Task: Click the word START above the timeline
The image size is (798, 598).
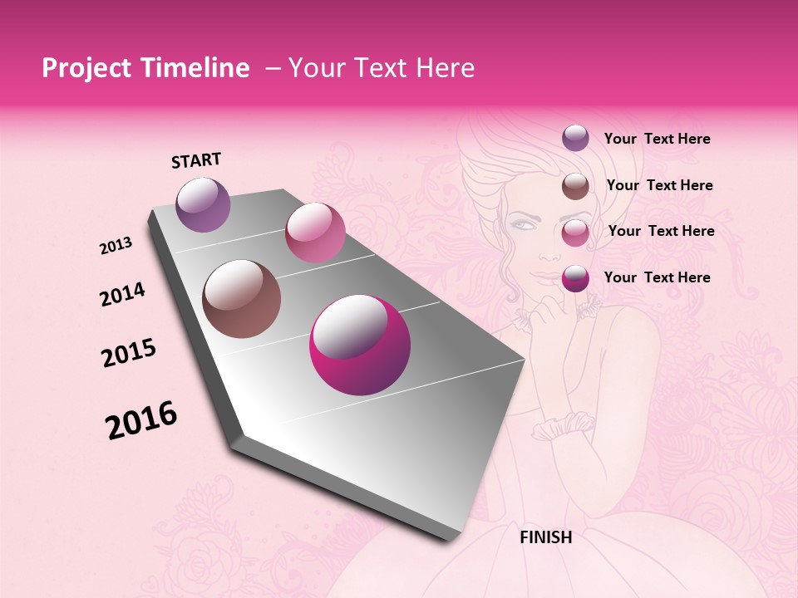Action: [196, 160]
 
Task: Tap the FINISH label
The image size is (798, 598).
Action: [545, 537]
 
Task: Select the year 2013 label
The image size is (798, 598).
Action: [116, 246]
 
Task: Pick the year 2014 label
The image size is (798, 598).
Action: [122, 295]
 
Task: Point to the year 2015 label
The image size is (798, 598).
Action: [129, 353]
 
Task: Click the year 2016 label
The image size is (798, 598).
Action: [141, 420]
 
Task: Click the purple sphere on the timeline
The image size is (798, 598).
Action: [204, 204]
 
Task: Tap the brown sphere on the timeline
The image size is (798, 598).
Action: [242, 299]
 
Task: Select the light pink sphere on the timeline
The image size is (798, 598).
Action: [315, 233]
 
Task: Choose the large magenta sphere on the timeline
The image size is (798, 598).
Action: [360, 346]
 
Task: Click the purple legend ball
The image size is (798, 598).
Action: [575, 138]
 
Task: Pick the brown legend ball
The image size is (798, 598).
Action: [575, 186]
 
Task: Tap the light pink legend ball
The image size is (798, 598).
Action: [575, 233]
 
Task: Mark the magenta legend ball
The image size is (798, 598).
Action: [575, 278]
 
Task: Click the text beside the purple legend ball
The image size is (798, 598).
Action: [657, 140]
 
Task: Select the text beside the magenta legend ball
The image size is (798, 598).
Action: [657, 277]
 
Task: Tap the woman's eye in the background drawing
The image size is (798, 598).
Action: [523, 224]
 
